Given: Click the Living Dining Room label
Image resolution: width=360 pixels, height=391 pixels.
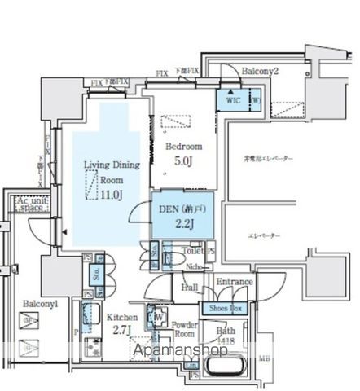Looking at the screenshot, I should pos(112,172).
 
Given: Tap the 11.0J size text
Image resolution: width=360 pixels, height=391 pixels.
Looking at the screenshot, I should pos(111,194).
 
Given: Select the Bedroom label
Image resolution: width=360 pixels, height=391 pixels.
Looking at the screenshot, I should pos(184,146).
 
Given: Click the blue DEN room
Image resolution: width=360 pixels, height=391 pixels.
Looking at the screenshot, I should pos(183,216).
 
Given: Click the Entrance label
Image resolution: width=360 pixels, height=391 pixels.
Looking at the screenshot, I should pos(234,282).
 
